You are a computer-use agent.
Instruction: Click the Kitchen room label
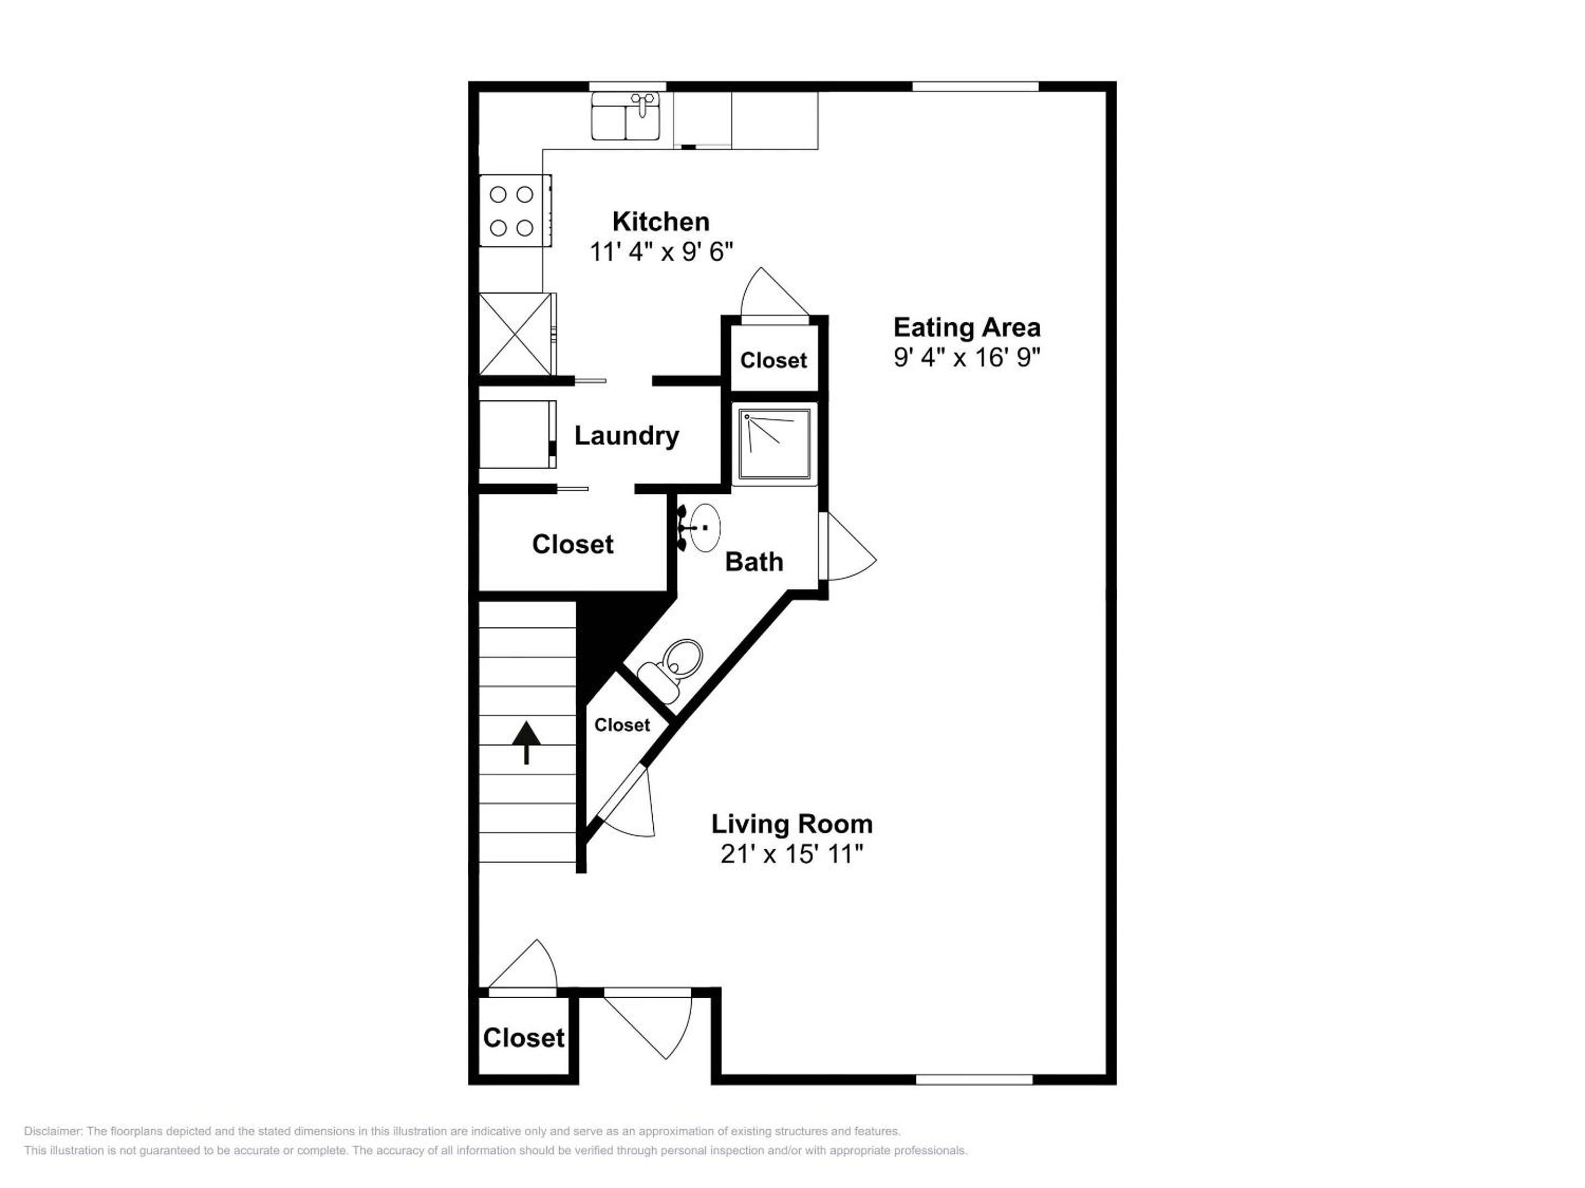pyautogui.click(x=660, y=222)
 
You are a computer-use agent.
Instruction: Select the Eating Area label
pyautogui.click(x=966, y=327)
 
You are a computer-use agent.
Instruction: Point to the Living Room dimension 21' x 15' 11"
pyautogui.click(x=792, y=854)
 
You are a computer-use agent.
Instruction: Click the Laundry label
pyautogui.click(x=627, y=436)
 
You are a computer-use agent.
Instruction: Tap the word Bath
pyautogui.click(x=754, y=562)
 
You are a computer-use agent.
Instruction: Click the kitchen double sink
pyautogui.click(x=626, y=116)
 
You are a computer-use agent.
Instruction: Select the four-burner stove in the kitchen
pyautogui.click(x=515, y=211)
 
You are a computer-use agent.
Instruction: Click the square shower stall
pyautogui.click(x=774, y=444)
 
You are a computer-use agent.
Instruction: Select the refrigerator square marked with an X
pyautogui.click(x=516, y=334)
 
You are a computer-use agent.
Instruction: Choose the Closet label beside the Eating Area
pyautogui.click(x=773, y=360)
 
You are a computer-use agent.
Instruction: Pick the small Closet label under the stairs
pyautogui.click(x=622, y=725)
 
